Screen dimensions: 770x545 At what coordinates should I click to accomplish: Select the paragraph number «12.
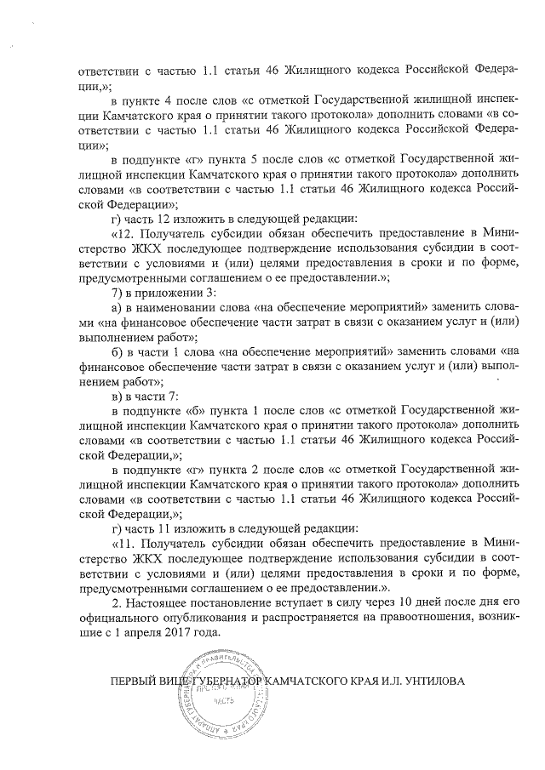(x=123, y=233)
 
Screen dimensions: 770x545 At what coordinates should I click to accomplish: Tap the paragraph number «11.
(x=123, y=542)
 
